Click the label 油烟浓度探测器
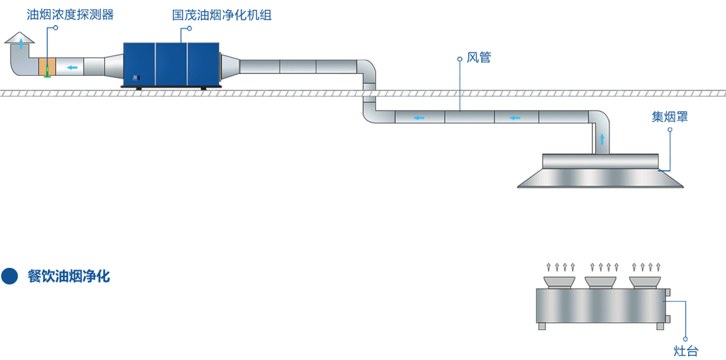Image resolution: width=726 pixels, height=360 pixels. (x=70, y=15)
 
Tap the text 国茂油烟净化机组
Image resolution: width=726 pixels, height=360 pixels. (x=221, y=15)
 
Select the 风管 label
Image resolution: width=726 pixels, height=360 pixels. (x=479, y=58)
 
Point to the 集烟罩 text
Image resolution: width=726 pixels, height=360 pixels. (x=669, y=117)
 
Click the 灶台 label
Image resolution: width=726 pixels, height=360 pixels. (x=686, y=351)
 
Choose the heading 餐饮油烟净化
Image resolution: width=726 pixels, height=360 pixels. (x=68, y=276)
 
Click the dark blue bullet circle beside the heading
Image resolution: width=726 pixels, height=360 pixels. (x=10, y=276)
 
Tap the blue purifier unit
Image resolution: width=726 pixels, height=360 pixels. (x=171, y=64)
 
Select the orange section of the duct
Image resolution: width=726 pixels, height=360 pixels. (x=47, y=67)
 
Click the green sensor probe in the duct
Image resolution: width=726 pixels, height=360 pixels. (x=47, y=71)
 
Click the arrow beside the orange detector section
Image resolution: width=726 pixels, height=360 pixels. (x=72, y=67)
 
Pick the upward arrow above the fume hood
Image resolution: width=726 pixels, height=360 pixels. (x=602, y=139)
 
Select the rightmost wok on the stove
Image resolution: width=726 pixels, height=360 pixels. (x=645, y=281)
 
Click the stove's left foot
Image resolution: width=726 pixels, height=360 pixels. (x=542, y=326)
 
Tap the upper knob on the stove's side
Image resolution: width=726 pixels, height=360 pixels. (x=667, y=293)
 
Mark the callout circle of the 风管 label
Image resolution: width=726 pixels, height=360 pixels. (x=459, y=59)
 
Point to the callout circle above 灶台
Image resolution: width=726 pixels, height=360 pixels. (x=686, y=339)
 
